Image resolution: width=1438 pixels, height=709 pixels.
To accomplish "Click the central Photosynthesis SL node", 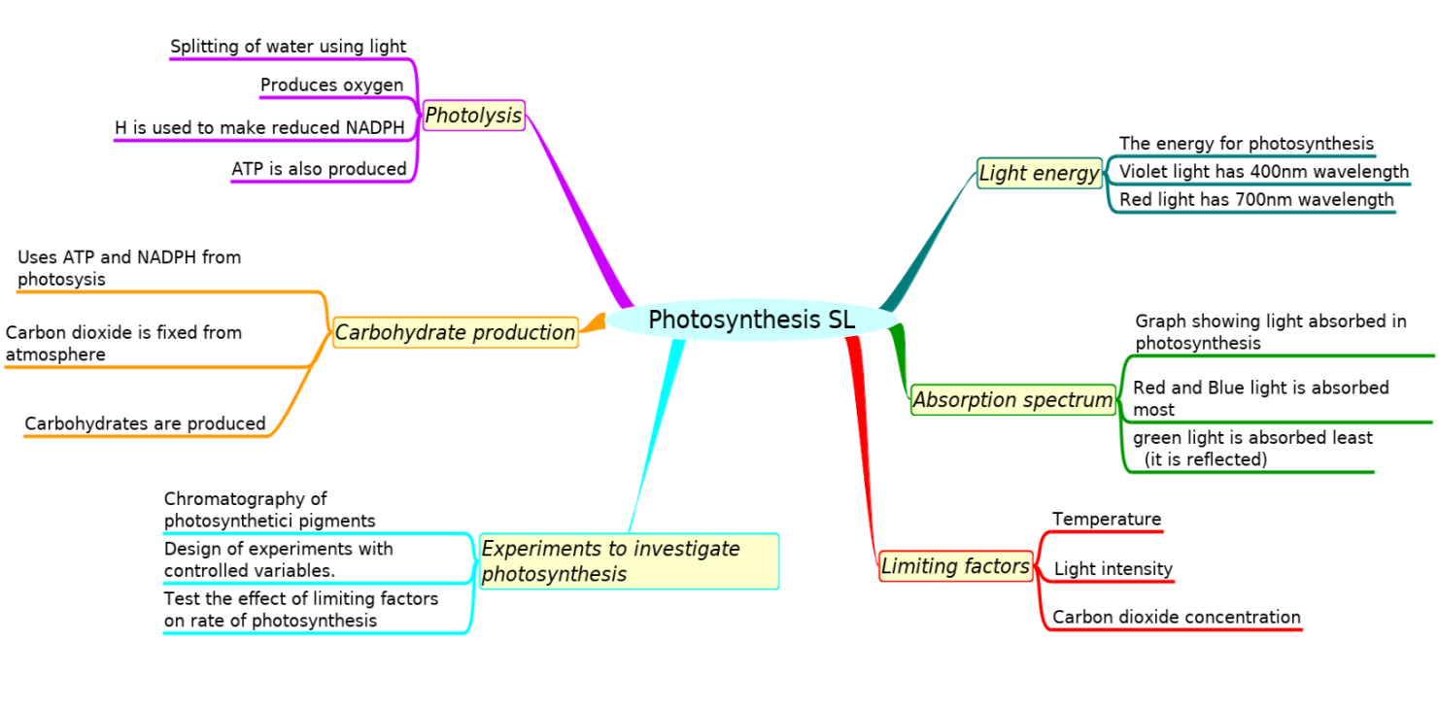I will [751, 320].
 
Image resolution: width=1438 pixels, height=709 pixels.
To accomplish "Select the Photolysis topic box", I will [473, 116].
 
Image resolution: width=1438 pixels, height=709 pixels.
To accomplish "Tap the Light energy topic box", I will [1039, 174].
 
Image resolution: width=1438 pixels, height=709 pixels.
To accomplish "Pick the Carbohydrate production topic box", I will [455, 333].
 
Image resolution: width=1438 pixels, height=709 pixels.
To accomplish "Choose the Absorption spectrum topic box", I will [1012, 399].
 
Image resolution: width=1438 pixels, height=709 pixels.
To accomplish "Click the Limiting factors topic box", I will [955, 566].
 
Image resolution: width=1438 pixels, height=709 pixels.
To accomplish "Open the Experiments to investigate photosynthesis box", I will [628, 561].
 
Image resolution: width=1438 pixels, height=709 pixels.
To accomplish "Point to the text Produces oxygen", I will [331, 85].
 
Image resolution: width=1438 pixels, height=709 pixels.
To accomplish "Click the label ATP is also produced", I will [319, 169].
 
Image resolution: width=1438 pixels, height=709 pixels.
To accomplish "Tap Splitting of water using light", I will [288, 47].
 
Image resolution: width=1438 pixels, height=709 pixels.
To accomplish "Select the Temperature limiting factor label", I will [1107, 520].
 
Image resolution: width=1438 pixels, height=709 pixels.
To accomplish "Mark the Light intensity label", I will [1113, 569].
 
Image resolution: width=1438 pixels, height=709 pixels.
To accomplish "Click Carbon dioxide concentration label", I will [1176, 617].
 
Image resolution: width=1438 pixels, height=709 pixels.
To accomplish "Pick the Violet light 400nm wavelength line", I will [1263, 172].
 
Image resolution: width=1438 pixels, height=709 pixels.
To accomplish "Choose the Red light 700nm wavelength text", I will [1256, 200].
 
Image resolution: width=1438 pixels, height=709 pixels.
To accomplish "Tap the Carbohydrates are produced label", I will [145, 423].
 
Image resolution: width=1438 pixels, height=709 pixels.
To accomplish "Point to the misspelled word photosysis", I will [61, 280].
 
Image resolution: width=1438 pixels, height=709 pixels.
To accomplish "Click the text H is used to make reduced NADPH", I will [259, 128].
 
